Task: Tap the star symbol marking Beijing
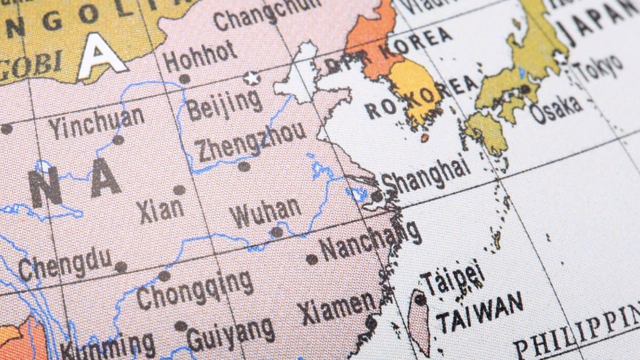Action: pyautogui.click(x=251, y=78)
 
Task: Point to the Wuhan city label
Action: pyautogui.click(x=265, y=212)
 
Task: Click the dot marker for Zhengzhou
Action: pyautogui.click(x=243, y=166)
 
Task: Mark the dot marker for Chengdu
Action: pyautogui.click(x=120, y=267)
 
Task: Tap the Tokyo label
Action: pyautogui.click(x=598, y=68)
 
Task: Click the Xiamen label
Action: pyautogui.click(x=338, y=306)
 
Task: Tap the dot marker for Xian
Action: pyautogui.click(x=179, y=190)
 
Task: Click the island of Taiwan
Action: pyautogui.click(x=419, y=320)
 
